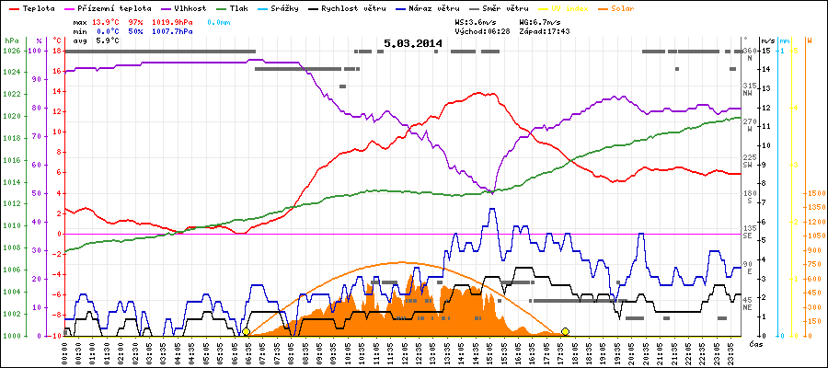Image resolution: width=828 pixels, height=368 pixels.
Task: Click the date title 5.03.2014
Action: [413, 43]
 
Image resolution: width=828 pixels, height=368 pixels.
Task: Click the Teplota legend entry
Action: [36, 6]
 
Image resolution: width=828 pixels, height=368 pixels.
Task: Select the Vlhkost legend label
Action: [189, 6]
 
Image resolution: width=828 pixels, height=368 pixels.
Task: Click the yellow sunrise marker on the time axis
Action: [246, 331]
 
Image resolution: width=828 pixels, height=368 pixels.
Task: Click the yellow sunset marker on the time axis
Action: [565, 331]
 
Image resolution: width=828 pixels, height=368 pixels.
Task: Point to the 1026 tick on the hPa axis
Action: [11, 51]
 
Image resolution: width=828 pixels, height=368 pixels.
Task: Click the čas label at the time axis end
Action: [754, 344]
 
